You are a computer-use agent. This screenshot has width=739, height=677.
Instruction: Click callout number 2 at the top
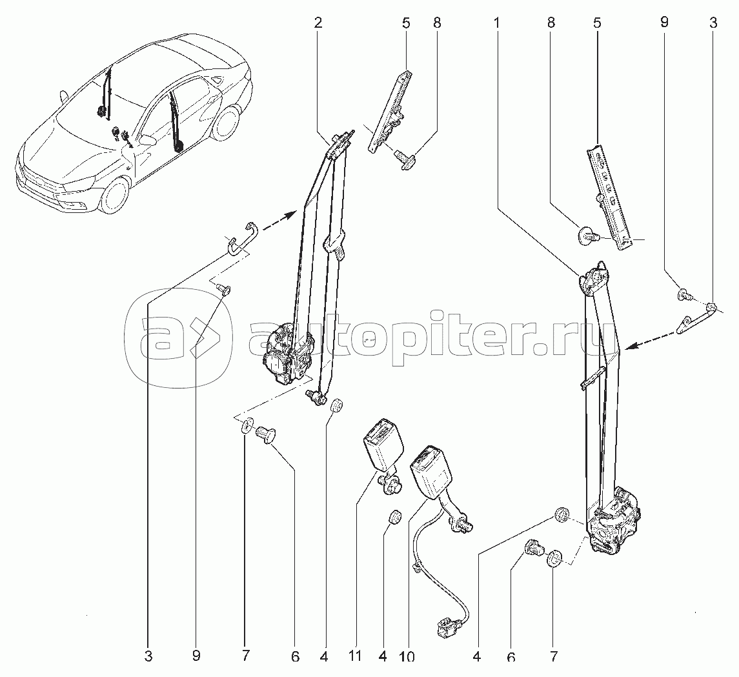[318, 23]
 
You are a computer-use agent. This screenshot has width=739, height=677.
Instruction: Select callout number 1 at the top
[497, 23]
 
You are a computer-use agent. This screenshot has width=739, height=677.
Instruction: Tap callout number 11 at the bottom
[356, 656]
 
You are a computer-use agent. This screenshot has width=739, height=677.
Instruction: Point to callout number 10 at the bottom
[407, 656]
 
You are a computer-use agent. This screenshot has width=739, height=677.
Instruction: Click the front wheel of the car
[115, 195]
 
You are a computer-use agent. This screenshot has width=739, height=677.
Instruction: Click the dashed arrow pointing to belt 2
[280, 221]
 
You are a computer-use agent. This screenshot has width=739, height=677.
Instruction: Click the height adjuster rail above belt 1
[609, 196]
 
